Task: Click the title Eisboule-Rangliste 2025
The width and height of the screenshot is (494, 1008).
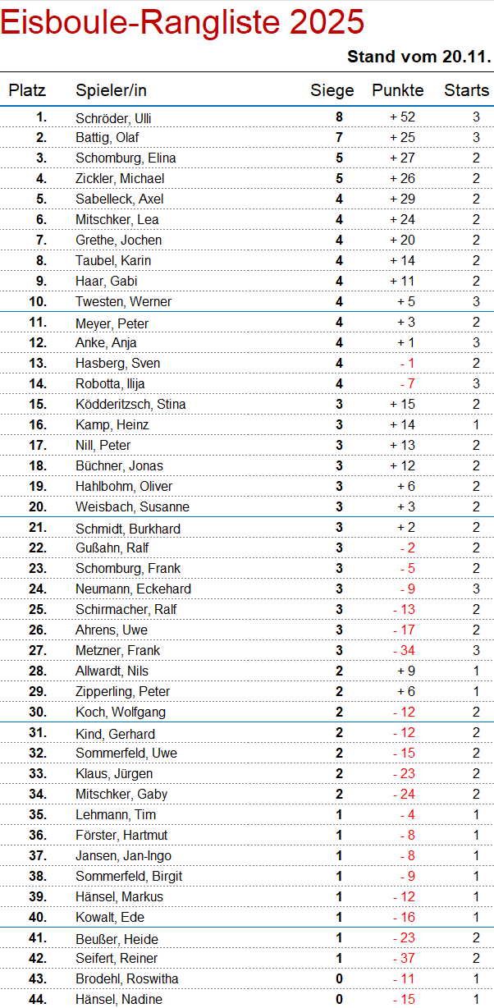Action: tap(182, 22)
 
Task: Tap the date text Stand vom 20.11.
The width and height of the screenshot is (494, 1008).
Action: tap(419, 57)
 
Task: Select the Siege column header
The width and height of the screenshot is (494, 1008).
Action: tap(332, 90)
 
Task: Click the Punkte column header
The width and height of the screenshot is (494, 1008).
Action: tap(398, 90)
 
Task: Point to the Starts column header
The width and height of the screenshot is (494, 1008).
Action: tap(466, 90)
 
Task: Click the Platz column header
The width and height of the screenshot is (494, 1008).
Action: tap(27, 90)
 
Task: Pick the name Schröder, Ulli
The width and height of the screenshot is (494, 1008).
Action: tap(113, 118)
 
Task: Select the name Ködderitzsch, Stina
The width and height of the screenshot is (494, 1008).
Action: tap(130, 404)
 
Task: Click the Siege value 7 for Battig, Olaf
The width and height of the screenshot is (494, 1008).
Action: tap(339, 138)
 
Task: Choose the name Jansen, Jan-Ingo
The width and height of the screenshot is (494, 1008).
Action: tap(123, 855)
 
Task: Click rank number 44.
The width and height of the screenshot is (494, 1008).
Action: tap(38, 999)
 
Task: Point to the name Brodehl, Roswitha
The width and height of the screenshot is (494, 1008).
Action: tap(126, 978)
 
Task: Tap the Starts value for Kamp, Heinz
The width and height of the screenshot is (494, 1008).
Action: tap(476, 424)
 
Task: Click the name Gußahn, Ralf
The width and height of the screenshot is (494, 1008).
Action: tap(112, 548)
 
